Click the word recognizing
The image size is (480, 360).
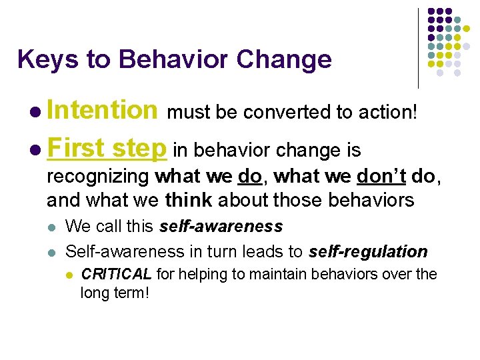98,177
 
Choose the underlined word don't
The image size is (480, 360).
382,177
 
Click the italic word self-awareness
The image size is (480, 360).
221,227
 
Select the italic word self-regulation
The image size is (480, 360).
367,251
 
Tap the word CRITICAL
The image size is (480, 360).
117,274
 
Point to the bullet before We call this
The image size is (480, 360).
53,227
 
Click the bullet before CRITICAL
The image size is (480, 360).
69,275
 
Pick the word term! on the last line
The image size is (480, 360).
131,292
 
